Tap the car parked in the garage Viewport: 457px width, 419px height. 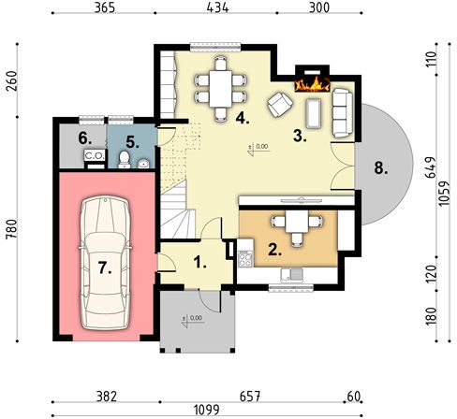point(105,263)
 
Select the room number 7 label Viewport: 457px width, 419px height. point(105,267)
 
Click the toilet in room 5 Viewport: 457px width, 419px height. point(125,160)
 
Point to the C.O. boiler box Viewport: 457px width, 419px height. point(95,155)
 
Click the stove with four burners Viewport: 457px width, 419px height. point(245,258)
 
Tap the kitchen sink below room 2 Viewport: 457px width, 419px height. point(291,275)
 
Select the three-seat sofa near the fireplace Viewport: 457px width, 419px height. point(343,113)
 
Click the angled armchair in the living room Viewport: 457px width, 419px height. point(280,105)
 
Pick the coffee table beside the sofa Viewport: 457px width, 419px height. point(314,113)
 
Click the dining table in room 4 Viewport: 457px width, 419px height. point(220,89)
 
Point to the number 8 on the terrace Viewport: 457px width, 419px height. point(381,169)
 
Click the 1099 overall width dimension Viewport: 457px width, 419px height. point(207,410)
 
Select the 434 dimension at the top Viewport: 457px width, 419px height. point(217,7)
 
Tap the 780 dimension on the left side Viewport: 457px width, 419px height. point(11,229)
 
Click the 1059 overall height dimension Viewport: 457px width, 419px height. point(444,194)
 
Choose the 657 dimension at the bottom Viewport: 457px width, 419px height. point(250,397)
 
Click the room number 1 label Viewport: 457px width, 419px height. point(199,262)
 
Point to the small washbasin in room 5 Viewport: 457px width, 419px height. point(143,164)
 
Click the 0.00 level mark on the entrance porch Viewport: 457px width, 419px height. point(196,318)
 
